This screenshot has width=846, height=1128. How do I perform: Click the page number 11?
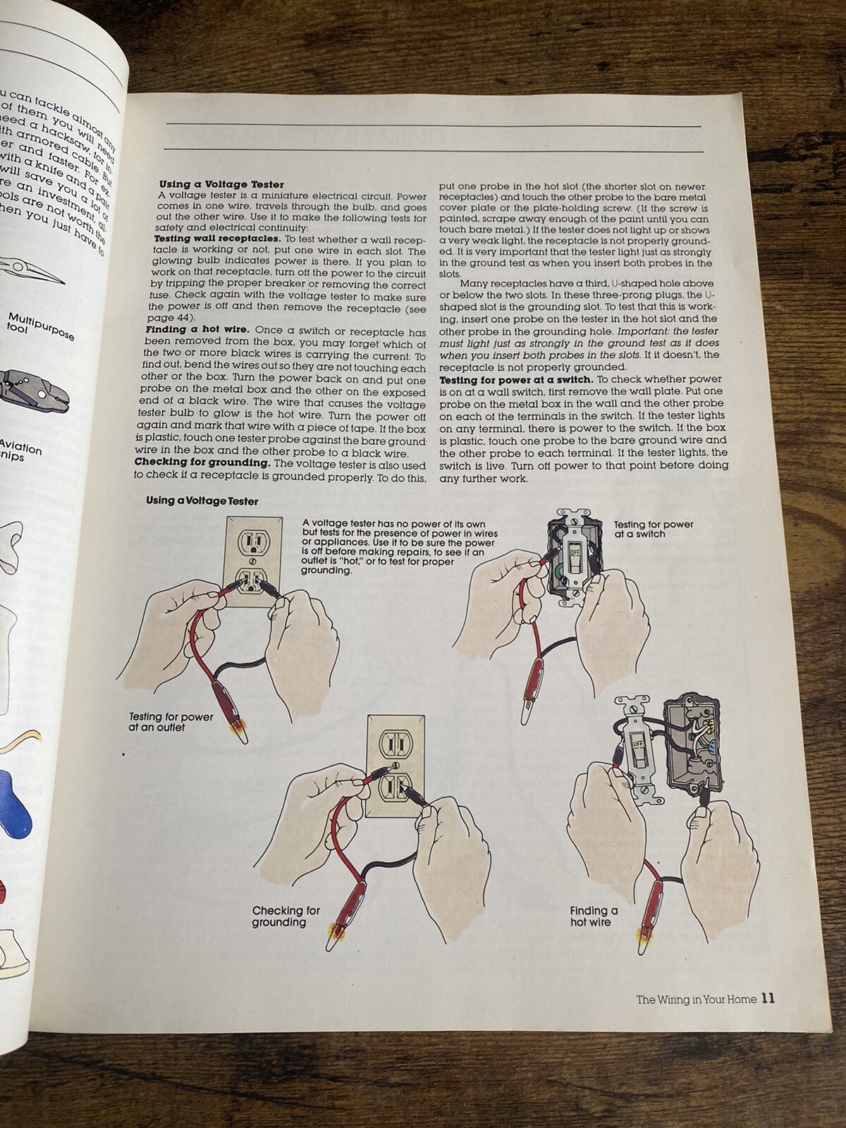point(768,998)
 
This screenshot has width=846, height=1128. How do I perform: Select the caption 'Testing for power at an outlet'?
point(171,722)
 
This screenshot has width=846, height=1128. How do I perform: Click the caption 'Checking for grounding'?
point(286,916)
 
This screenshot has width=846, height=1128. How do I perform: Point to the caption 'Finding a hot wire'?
point(594,916)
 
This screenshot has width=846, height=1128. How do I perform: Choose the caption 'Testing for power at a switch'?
point(653,529)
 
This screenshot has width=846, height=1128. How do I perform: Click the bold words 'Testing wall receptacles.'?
point(207,240)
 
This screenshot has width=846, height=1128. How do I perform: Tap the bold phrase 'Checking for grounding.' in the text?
point(202,463)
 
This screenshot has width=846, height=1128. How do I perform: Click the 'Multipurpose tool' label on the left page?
point(39,324)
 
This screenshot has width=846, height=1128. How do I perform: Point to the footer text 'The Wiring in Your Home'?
point(696,999)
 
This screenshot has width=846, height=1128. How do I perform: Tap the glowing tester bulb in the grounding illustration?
point(333,935)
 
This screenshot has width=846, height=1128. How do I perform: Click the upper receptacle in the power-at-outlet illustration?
point(252,543)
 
